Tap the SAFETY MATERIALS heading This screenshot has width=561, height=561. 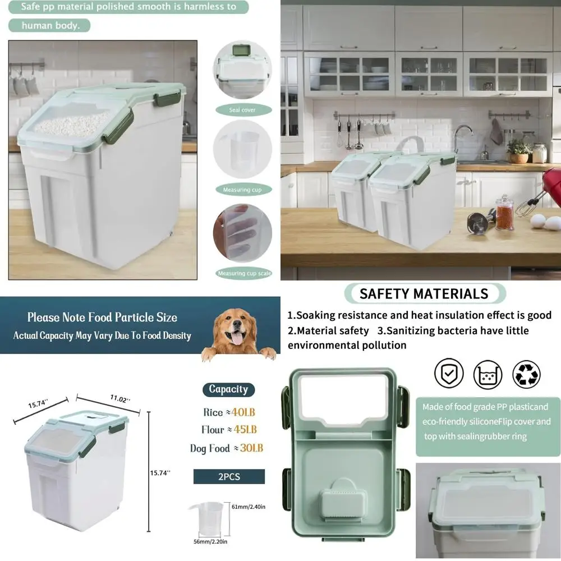424,293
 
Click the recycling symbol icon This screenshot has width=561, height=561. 526,374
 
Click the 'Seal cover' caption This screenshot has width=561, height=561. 242,110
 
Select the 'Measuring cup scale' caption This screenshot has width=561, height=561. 243,273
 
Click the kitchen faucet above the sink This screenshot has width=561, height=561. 461,137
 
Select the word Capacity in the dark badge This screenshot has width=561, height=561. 228,389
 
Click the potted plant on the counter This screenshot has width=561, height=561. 518,150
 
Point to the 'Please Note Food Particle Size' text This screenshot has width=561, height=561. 102,317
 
